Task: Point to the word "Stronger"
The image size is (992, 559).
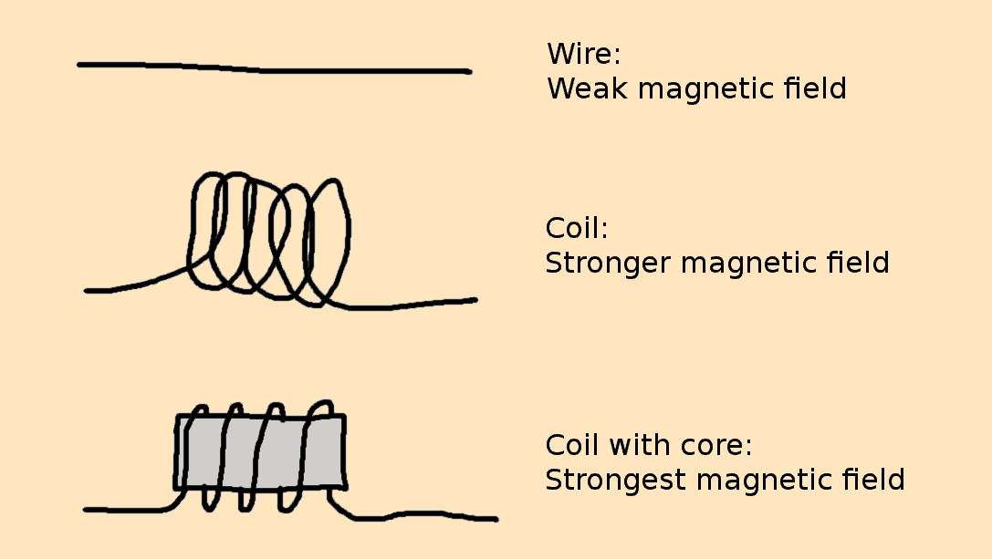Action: point(609,264)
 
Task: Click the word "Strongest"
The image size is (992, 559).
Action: point(614,480)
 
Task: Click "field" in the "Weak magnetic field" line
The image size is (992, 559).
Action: point(811,89)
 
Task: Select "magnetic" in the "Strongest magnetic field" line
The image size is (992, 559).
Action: point(758,480)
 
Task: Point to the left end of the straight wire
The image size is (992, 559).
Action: point(81,65)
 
